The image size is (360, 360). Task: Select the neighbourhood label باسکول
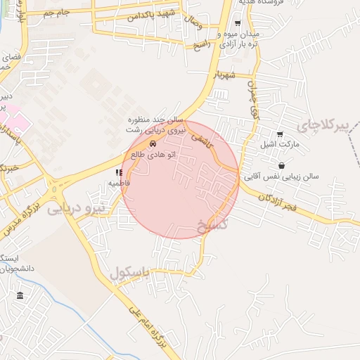coord(129,273)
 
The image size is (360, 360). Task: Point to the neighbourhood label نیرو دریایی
coord(76,208)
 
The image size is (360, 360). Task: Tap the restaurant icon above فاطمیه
coord(118,172)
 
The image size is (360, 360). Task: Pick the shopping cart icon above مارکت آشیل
coord(280,134)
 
